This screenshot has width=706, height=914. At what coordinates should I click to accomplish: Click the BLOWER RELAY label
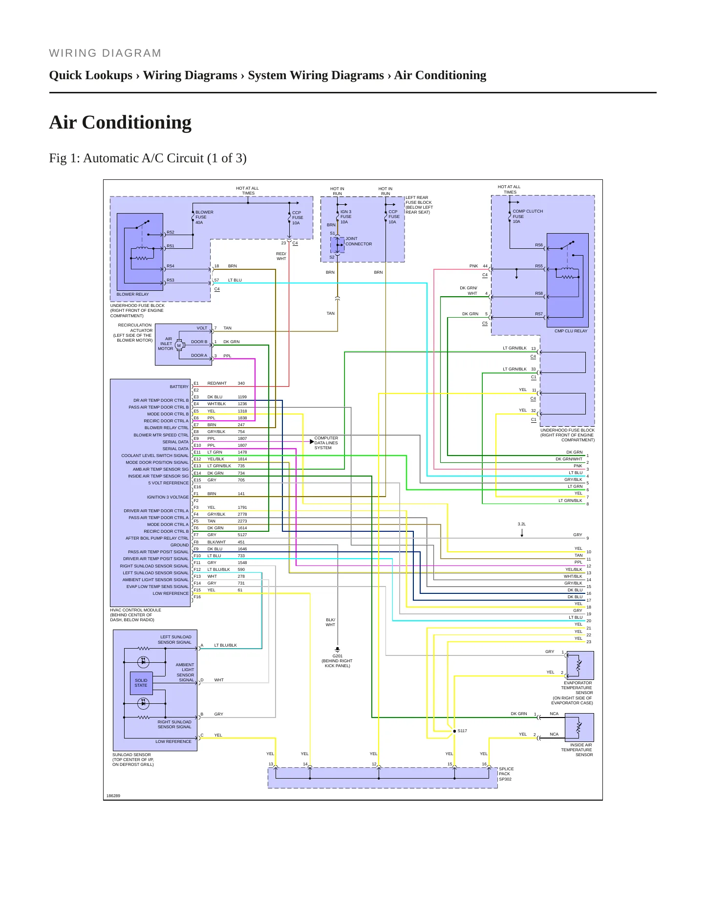click(132, 294)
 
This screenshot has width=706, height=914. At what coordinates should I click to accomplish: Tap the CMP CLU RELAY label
click(571, 331)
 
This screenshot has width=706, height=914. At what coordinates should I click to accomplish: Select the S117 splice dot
click(454, 731)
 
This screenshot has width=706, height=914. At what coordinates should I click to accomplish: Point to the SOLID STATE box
click(141, 683)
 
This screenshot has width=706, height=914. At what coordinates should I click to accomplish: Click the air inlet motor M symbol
click(179, 346)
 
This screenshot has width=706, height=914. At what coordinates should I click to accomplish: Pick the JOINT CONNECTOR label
click(359, 241)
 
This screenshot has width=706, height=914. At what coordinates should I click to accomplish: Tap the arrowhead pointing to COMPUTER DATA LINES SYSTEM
click(312, 442)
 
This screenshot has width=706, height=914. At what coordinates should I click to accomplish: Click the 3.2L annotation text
click(522, 524)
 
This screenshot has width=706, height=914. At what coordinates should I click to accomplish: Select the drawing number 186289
click(113, 796)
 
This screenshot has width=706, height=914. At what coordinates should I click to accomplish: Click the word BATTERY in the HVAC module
click(179, 387)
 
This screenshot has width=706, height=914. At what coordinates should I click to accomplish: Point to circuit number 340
click(241, 383)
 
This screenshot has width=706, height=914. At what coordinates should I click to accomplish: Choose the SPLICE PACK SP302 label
click(506, 774)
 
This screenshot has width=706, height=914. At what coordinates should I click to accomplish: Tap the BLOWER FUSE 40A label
click(204, 218)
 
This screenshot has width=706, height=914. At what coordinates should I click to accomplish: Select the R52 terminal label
click(171, 232)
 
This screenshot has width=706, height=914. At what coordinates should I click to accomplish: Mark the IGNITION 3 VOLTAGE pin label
click(168, 497)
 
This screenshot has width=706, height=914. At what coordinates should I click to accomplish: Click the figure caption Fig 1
click(148, 158)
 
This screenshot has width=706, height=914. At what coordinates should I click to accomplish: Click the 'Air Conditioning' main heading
click(120, 123)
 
